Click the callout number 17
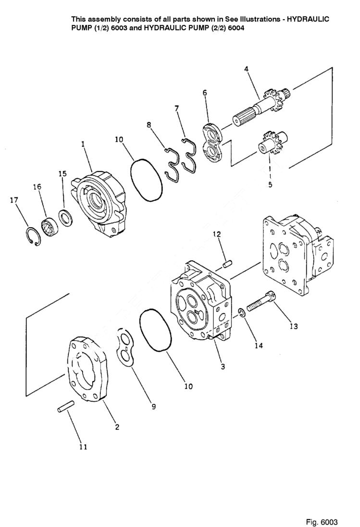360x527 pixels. (14, 200)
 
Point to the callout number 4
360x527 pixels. (246, 69)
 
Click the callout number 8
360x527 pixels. (149, 125)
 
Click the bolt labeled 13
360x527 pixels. (260, 302)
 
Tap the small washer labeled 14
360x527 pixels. (243, 314)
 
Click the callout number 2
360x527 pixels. (117, 427)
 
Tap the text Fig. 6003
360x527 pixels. (322, 509)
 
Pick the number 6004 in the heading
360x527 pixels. (236, 28)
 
